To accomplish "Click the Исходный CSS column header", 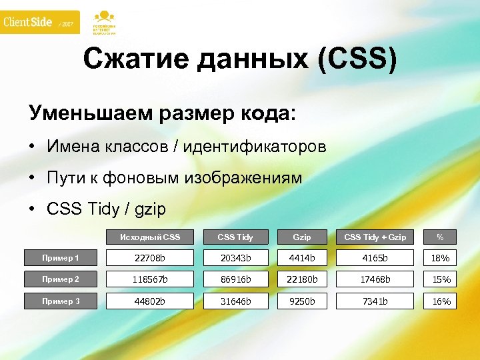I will tap(150, 237).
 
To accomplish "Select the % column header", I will tap(440, 237).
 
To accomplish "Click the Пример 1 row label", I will tap(61, 258).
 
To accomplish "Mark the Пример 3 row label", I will tap(61, 301).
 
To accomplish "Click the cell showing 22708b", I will tap(150, 258).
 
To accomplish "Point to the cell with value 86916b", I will tap(235, 279).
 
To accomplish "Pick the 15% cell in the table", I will tap(441, 279).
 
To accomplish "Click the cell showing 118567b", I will tap(150, 279).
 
